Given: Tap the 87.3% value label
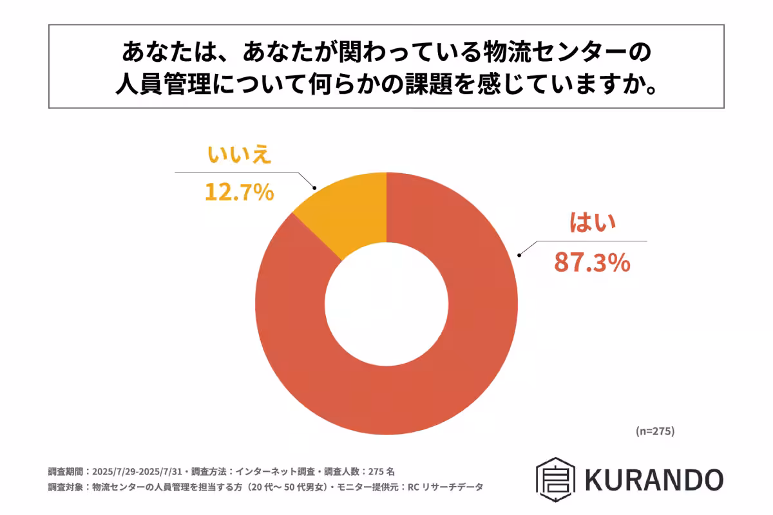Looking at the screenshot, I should click(592, 263).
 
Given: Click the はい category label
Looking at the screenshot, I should click(593, 223).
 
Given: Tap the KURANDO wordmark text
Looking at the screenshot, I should click(654, 479).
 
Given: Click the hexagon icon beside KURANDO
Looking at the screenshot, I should click(555, 479).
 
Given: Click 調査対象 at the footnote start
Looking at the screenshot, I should click(65, 487).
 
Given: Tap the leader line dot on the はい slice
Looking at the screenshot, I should click(519, 255).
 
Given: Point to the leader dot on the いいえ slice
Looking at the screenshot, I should click(314, 188).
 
